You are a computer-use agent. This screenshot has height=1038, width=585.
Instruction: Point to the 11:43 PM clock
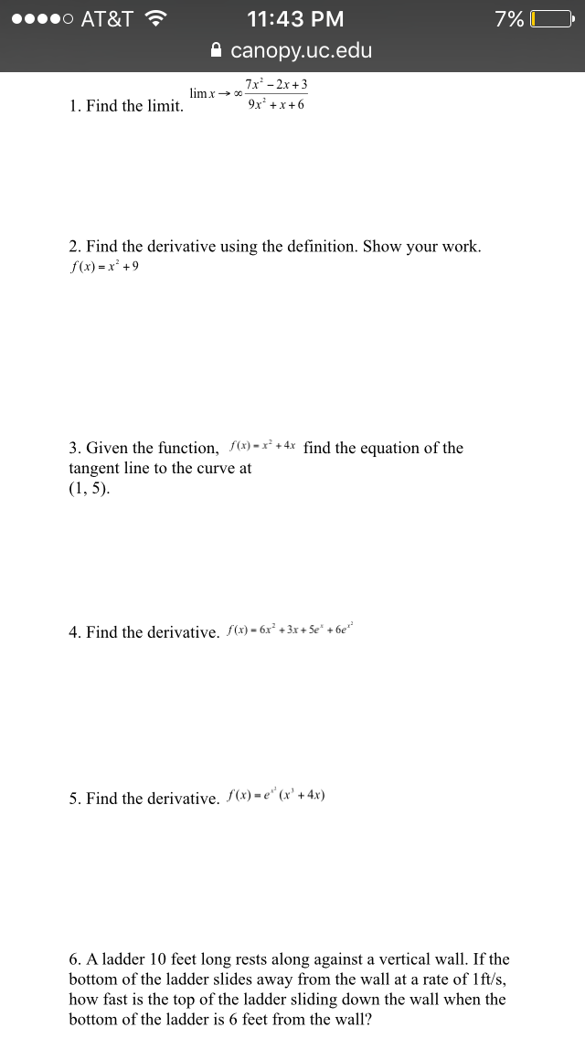coord(295,18)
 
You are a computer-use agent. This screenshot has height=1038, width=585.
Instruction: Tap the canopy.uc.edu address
coord(302,50)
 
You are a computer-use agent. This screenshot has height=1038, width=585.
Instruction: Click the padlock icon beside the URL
coord(217,50)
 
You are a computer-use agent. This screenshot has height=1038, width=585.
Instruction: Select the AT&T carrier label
coord(107,18)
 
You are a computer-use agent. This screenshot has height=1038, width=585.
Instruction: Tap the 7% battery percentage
coord(509,18)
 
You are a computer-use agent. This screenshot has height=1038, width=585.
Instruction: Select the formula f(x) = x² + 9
coord(104,267)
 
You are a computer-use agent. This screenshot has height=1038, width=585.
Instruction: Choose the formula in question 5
coord(275,795)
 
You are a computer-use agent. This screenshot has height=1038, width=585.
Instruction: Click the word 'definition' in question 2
coord(322,247)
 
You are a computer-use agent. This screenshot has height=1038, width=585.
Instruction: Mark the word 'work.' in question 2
coord(462,247)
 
